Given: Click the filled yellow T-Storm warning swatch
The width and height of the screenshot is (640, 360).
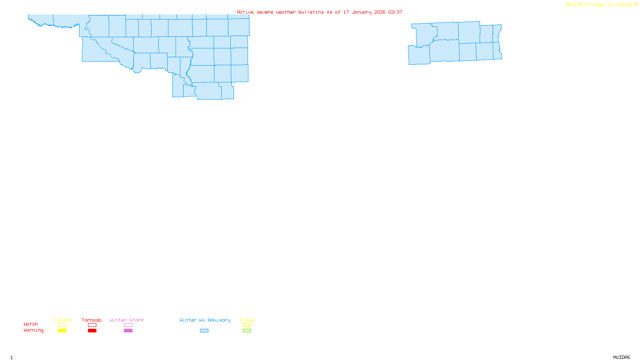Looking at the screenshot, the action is [62, 331].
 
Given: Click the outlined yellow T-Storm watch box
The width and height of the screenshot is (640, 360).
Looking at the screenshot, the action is [62, 325].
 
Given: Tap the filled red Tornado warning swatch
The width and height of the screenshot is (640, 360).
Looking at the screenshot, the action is [92, 331].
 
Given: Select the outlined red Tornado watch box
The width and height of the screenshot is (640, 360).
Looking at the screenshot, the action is [92, 325].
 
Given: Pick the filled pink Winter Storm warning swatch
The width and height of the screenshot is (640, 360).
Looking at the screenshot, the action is [128, 331].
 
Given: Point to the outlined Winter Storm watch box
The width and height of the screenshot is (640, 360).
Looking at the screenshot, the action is [128, 325].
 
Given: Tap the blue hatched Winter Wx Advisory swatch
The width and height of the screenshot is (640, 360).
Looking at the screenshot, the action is [204, 331].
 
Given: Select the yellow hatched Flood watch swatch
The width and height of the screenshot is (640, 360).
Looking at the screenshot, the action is [247, 325].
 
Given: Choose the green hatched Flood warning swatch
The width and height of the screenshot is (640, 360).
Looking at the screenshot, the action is [247, 331].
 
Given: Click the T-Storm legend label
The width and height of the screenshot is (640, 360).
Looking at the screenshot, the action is [62, 320].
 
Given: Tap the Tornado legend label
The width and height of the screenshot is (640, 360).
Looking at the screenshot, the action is [92, 320].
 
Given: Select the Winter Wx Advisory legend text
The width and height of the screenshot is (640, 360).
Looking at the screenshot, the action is [205, 320].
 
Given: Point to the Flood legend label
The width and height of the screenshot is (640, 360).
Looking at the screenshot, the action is [247, 320].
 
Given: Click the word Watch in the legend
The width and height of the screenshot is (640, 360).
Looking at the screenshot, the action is [31, 324].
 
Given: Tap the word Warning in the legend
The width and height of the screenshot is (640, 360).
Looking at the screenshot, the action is [33, 330].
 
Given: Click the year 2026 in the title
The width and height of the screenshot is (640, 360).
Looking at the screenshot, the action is [380, 12].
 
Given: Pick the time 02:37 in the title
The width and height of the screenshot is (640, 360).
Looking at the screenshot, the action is [395, 12].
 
